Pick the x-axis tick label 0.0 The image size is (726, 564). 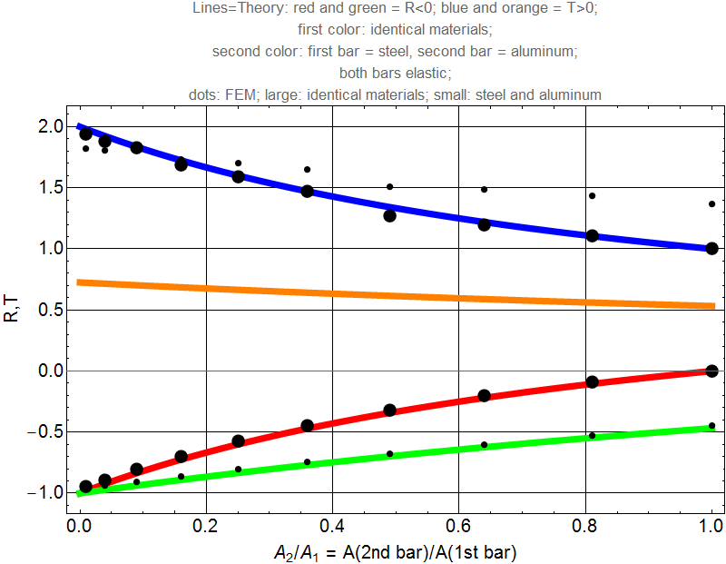80,524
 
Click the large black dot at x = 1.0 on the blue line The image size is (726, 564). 711,248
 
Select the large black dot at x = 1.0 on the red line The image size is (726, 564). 711,371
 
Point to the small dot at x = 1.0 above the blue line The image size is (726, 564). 711,203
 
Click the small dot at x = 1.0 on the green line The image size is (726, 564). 711,426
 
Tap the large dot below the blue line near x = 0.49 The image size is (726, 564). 389,215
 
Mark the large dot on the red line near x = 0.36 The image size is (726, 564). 307,426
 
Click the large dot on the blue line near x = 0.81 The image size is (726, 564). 592,235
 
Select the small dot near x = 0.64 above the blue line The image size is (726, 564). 484,189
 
